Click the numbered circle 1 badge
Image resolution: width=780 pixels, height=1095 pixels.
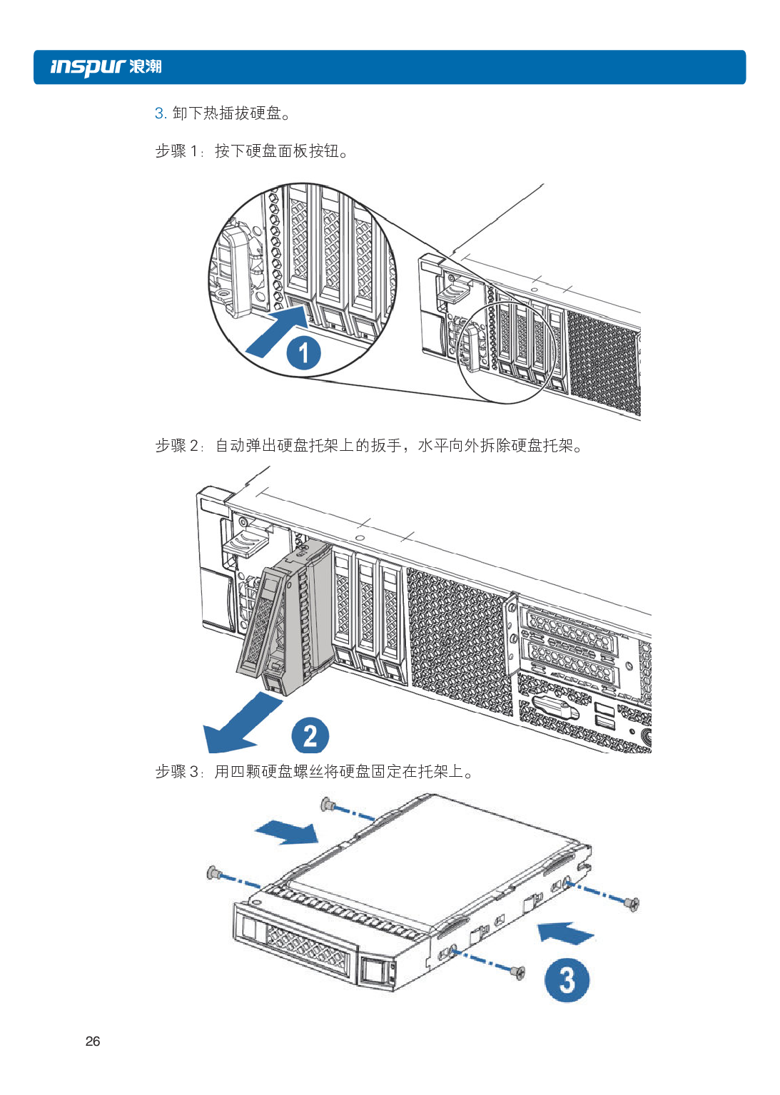coord(304,352)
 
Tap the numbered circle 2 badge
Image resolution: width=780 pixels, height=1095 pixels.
coord(310,735)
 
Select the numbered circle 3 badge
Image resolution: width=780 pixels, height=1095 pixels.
coord(567,979)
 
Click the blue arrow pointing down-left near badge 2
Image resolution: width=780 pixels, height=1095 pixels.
coord(241,723)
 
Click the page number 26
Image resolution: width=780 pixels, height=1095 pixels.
coord(93,1041)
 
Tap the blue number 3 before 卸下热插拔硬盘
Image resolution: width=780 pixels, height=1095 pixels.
coord(159,113)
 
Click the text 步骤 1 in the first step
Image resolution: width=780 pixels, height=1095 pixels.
coord(177,151)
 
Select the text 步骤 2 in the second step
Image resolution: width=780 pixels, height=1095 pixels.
coord(177,445)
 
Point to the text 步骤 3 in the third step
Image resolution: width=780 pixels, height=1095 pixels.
coord(177,771)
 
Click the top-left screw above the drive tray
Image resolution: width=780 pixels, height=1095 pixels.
coord(327,804)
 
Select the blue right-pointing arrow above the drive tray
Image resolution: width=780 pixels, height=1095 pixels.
coord(287,832)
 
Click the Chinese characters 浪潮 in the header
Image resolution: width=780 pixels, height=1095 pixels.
coord(146,67)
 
